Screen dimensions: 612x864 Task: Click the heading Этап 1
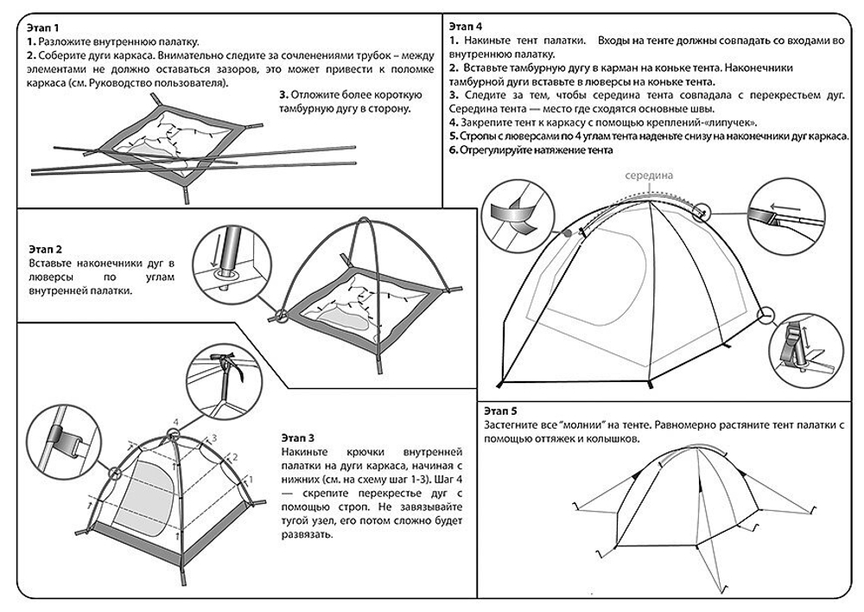45,29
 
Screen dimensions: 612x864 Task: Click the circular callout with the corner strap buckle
799,352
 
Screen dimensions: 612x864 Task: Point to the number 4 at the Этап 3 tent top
175,423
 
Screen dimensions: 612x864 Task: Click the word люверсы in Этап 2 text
49,277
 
